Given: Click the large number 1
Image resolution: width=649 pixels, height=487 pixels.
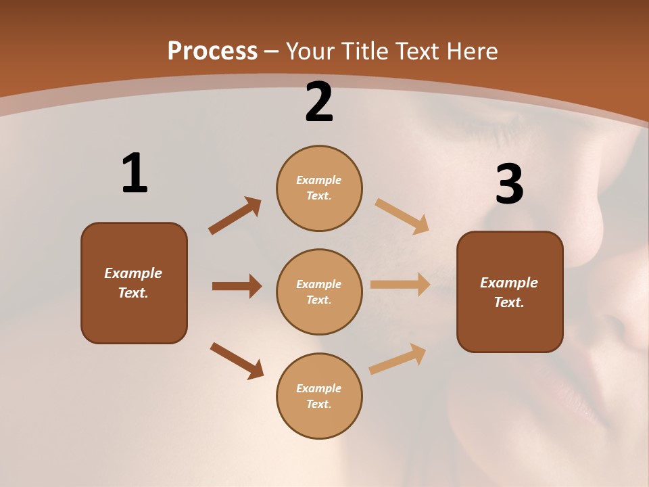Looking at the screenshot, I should [x=135, y=173].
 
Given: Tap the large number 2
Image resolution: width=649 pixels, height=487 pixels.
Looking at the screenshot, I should [x=319, y=102].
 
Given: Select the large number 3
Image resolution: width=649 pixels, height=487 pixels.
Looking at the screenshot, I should [x=509, y=184].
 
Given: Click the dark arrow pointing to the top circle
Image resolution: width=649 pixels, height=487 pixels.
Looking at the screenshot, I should [x=235, y=216].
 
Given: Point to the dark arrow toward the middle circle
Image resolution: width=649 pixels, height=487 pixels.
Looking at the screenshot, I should [x=237, y=286].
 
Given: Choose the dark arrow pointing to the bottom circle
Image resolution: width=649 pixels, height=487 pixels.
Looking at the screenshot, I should [x=237, y=361].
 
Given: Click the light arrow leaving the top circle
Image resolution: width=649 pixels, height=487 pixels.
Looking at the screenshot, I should [x=402, y=216].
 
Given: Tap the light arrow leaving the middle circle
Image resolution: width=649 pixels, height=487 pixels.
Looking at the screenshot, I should [x=400, y=285].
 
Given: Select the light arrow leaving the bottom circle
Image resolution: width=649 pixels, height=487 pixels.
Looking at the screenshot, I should [x=398, y=358].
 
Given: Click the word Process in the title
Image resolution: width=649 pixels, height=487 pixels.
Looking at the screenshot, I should [x=212, y=51].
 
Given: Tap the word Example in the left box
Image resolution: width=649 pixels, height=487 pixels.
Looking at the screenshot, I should [x=133, y=273].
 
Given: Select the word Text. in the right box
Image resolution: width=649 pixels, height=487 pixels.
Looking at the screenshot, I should [x=509, y=302].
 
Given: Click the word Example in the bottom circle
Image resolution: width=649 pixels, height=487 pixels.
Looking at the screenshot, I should [x=319, y=388].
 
